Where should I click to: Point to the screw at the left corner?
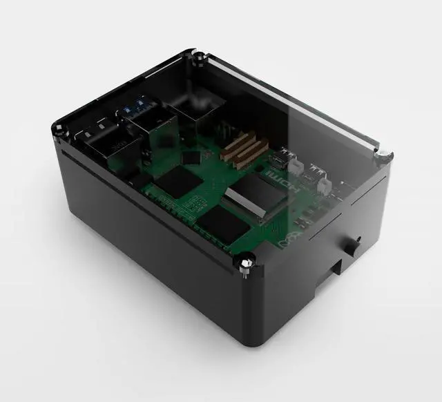[59, 128]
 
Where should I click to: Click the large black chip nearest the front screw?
[220, 224]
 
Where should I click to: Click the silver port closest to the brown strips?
[279, 160]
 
